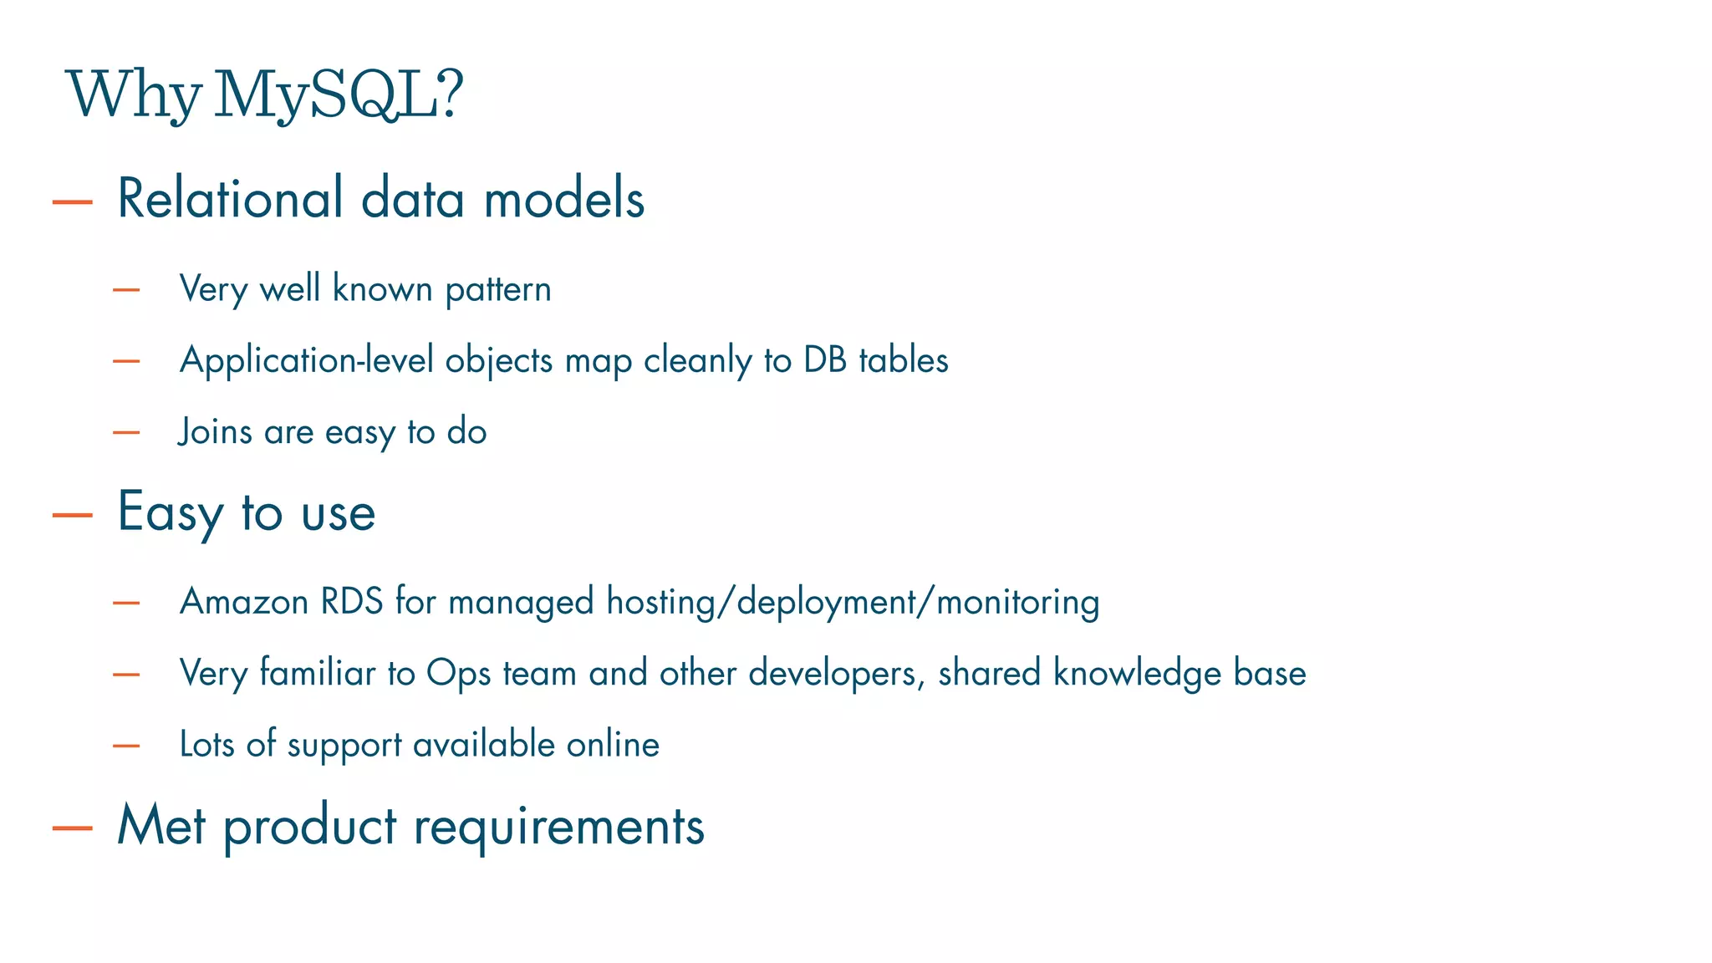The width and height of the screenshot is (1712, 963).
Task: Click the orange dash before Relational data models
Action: [x=72, y=201]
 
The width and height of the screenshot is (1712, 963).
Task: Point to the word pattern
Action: [x=498, y=290]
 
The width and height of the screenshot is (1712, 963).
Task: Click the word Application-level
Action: [x=307, y=361]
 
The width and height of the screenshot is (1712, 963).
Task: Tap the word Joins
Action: [x=215, y=432]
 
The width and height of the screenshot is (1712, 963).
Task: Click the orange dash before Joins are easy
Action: [x=126, y=433]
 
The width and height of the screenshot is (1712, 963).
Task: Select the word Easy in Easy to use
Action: [x=170, y=512]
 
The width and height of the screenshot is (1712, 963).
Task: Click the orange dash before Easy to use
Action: [x=72, y=515]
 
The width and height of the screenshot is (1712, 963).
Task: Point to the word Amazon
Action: [x=244, y=602]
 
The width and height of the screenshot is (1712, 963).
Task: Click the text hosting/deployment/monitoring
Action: [x=853, y=603]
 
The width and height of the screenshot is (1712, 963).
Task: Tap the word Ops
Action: [x=458, y=674]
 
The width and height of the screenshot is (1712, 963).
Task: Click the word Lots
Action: [x=206, y=745]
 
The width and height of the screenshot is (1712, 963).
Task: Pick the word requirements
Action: [x=559, y=828]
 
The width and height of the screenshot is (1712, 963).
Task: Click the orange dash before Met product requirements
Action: [x=72, y=828]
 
